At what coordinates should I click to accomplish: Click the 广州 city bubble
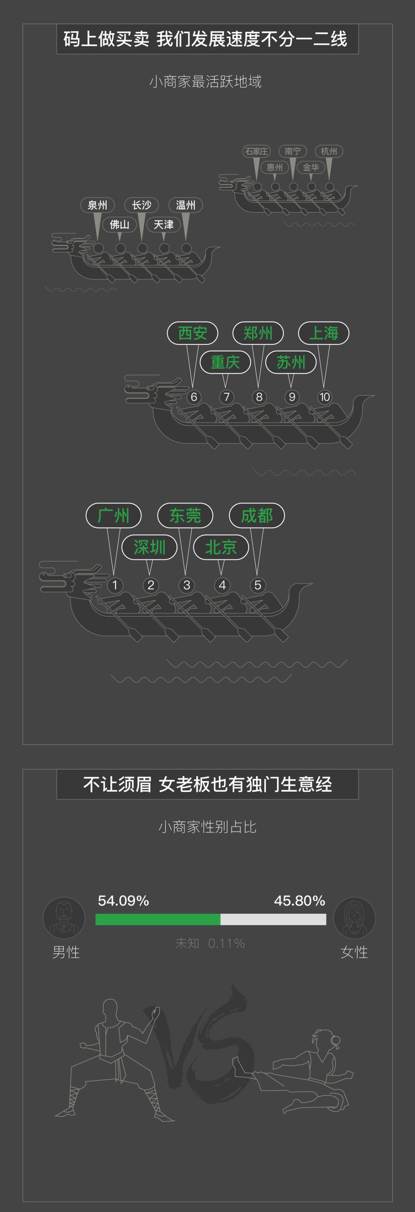[x=113, y=515]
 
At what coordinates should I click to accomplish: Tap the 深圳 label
[x=149, y=547]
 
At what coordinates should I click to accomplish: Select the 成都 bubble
[x=257, y=515]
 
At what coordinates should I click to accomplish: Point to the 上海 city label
[x=324, y=333]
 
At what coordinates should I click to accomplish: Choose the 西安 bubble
[x=193, y=333]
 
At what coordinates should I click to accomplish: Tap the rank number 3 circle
[x=187, y=585]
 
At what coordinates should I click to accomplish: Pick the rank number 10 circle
[x=324, y=397]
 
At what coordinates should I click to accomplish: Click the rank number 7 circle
[x=227, y=397]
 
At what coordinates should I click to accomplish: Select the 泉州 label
[x=97, y=205]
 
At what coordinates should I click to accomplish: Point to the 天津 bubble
[x=164, y=224]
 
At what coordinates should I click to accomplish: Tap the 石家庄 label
[x=256, y=151]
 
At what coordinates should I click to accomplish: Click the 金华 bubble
[x=310, y=167]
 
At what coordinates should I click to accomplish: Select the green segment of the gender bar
[x=158, y=919]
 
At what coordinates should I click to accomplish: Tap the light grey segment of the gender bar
[x=273, y=919]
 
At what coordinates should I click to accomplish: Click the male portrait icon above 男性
[x=64, y=918]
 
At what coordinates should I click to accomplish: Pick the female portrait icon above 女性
[x=354, y=918]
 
